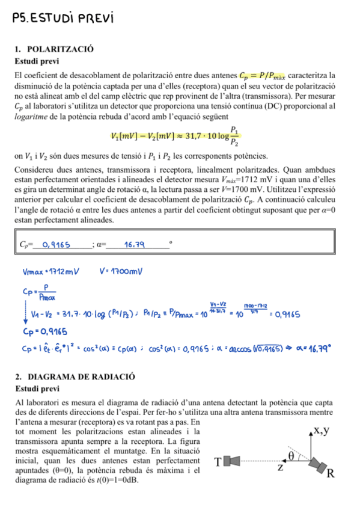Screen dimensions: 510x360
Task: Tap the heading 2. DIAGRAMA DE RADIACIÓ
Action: tap(75, 377)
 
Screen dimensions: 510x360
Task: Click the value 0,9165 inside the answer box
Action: tap(55, 244)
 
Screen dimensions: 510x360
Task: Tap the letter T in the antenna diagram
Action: tap(218, 461)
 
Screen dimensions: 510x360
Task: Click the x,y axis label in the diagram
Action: tap(317, 431)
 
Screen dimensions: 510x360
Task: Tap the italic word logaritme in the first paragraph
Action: tap(31, 115)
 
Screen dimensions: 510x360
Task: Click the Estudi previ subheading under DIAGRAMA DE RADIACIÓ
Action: tap(35, 389)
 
